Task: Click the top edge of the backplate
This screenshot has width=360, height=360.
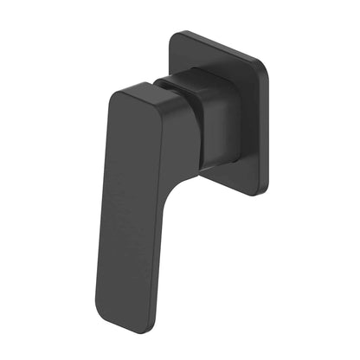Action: (216, 43)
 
